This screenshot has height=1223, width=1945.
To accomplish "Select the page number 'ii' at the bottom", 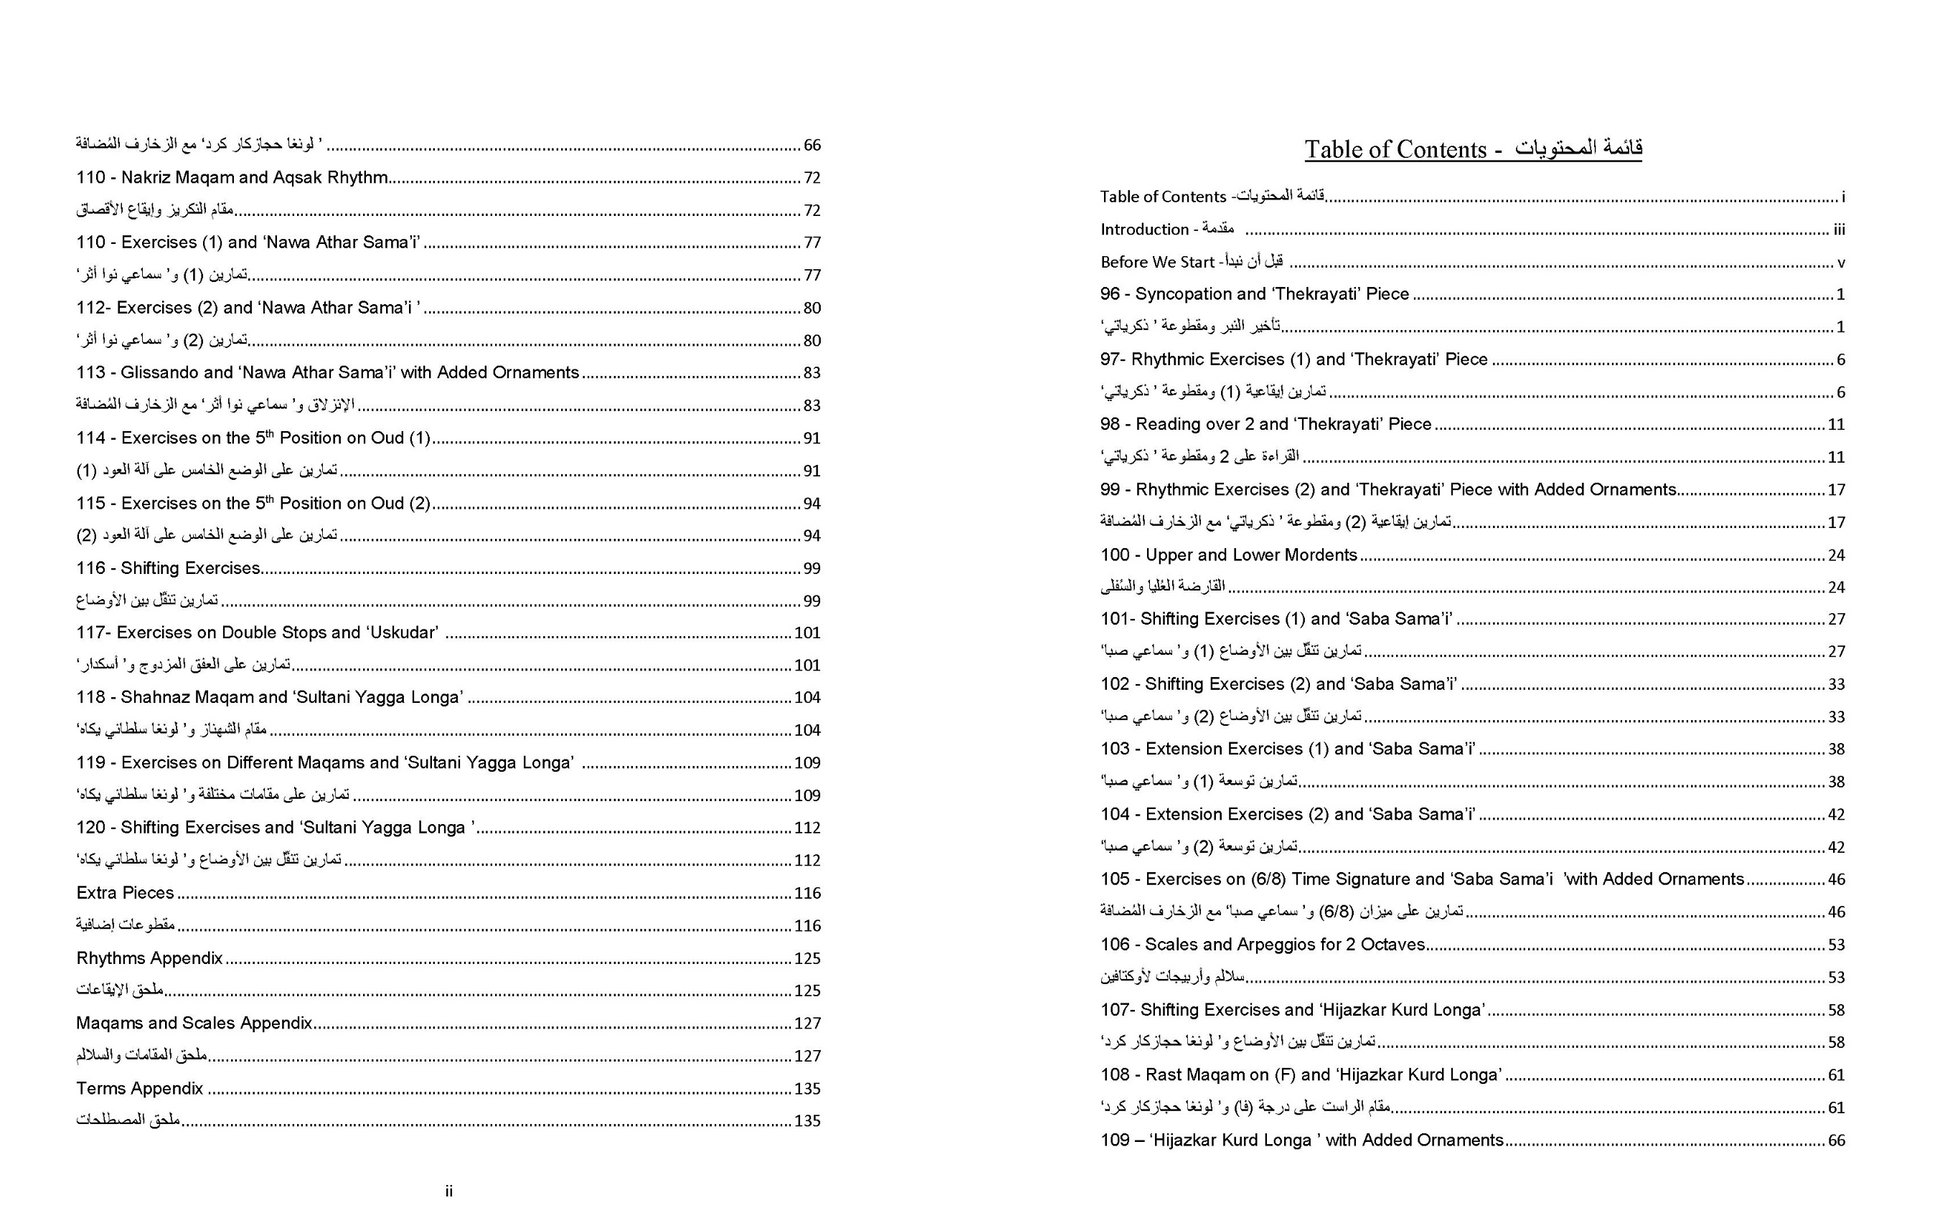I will pyautogui.click(x=449, y=1191).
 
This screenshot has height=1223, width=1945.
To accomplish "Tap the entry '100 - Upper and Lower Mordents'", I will pyautogui.click(x=1228, y=555).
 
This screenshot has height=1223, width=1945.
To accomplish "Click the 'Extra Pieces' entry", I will pyautogui.click(x=125, y=893).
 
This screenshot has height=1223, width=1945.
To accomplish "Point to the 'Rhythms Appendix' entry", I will pyautogui.click(x=149, y=958).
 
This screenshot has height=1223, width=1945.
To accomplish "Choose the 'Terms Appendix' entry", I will pyautogui.click(x=139, y=1088).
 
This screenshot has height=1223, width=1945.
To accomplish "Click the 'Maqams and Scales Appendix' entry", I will pyautogui.click(x=194, y=1023).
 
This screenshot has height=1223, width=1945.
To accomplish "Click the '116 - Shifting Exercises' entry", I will pyautogui.click(x=168, y=568).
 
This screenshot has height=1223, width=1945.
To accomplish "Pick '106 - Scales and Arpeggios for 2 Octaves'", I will pyautogui.click(x=1262, y=944).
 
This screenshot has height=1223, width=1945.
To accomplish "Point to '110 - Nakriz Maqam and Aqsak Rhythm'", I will pyautogui.click(x=232, y=177).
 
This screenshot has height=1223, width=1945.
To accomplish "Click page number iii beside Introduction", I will pyautogui.click(x=1838, y=230).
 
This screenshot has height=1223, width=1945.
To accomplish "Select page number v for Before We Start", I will pyautogui.click(x=1840, y=263).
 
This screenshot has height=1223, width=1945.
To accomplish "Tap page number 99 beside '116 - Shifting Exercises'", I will pyautogui.click(x=811, y=569).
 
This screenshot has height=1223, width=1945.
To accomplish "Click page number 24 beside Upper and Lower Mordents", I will pyautogui.click(x=1836, y=555).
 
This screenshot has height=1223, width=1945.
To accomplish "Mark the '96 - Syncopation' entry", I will pyautogui.click(x=1254, y=294).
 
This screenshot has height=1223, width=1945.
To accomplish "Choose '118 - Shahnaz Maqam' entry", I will pyautogui.click(x=269, y=697).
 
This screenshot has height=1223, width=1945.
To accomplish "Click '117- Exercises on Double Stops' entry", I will pyautogui.click(x=257, y=632).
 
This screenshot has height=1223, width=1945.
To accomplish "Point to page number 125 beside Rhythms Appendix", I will pyautogui.click(x=807, y=959).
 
